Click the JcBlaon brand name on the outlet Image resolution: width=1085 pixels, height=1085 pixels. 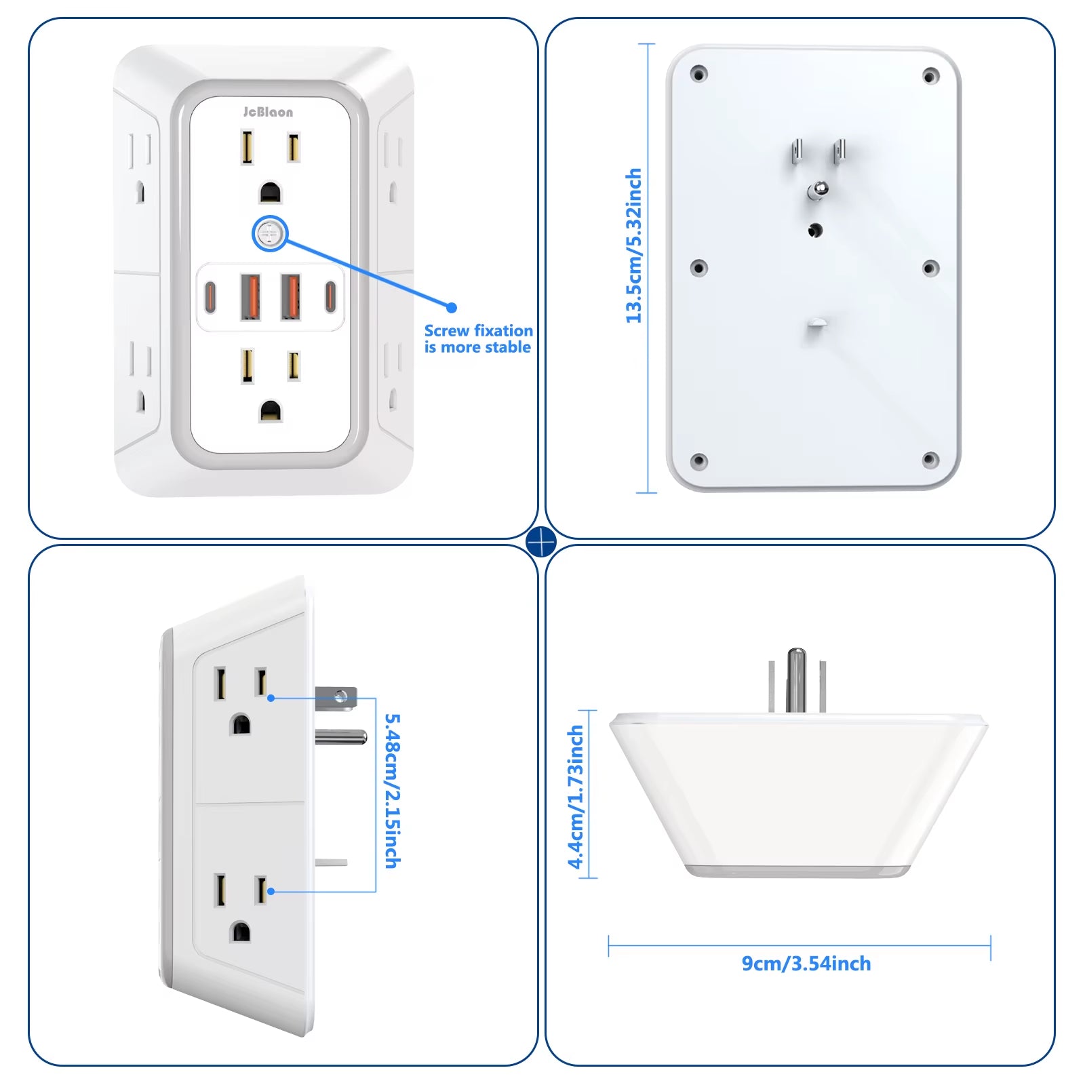click(x=269, y=113)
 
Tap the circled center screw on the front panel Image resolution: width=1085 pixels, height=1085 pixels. click(x=270, y=234)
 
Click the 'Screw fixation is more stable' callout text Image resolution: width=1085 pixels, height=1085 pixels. click(x=478, y=339)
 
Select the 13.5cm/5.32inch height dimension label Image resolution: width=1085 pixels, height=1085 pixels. click(x=633, y=245)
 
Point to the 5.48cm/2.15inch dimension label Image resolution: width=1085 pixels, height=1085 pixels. click(x=393, y=790)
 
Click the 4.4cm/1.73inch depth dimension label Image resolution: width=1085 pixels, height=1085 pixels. click(x=576, y=797)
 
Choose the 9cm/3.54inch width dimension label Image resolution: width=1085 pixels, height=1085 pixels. click(x=806, y=964)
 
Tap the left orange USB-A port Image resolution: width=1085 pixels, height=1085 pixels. click(x=250, y=296)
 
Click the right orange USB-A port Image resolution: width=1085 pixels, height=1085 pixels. click(x=291, y=296)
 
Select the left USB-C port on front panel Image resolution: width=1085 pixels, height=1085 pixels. click(x=211, y=296)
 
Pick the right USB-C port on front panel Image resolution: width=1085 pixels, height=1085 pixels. click(x=330, y=296)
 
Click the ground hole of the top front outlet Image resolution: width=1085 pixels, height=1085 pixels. click(x=271, y=193)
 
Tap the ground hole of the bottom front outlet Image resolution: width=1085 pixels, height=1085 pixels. click(x=271, y=411)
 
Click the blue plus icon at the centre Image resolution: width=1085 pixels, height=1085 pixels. click(x=541, y=541)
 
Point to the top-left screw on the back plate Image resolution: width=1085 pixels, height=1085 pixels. click(x=698, y=74)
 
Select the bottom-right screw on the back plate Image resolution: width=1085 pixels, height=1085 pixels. click(x=930, y=460)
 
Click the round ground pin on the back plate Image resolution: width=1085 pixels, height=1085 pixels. click(x=818, y=189)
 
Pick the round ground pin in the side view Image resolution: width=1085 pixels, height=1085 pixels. click(x=341, y=737)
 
